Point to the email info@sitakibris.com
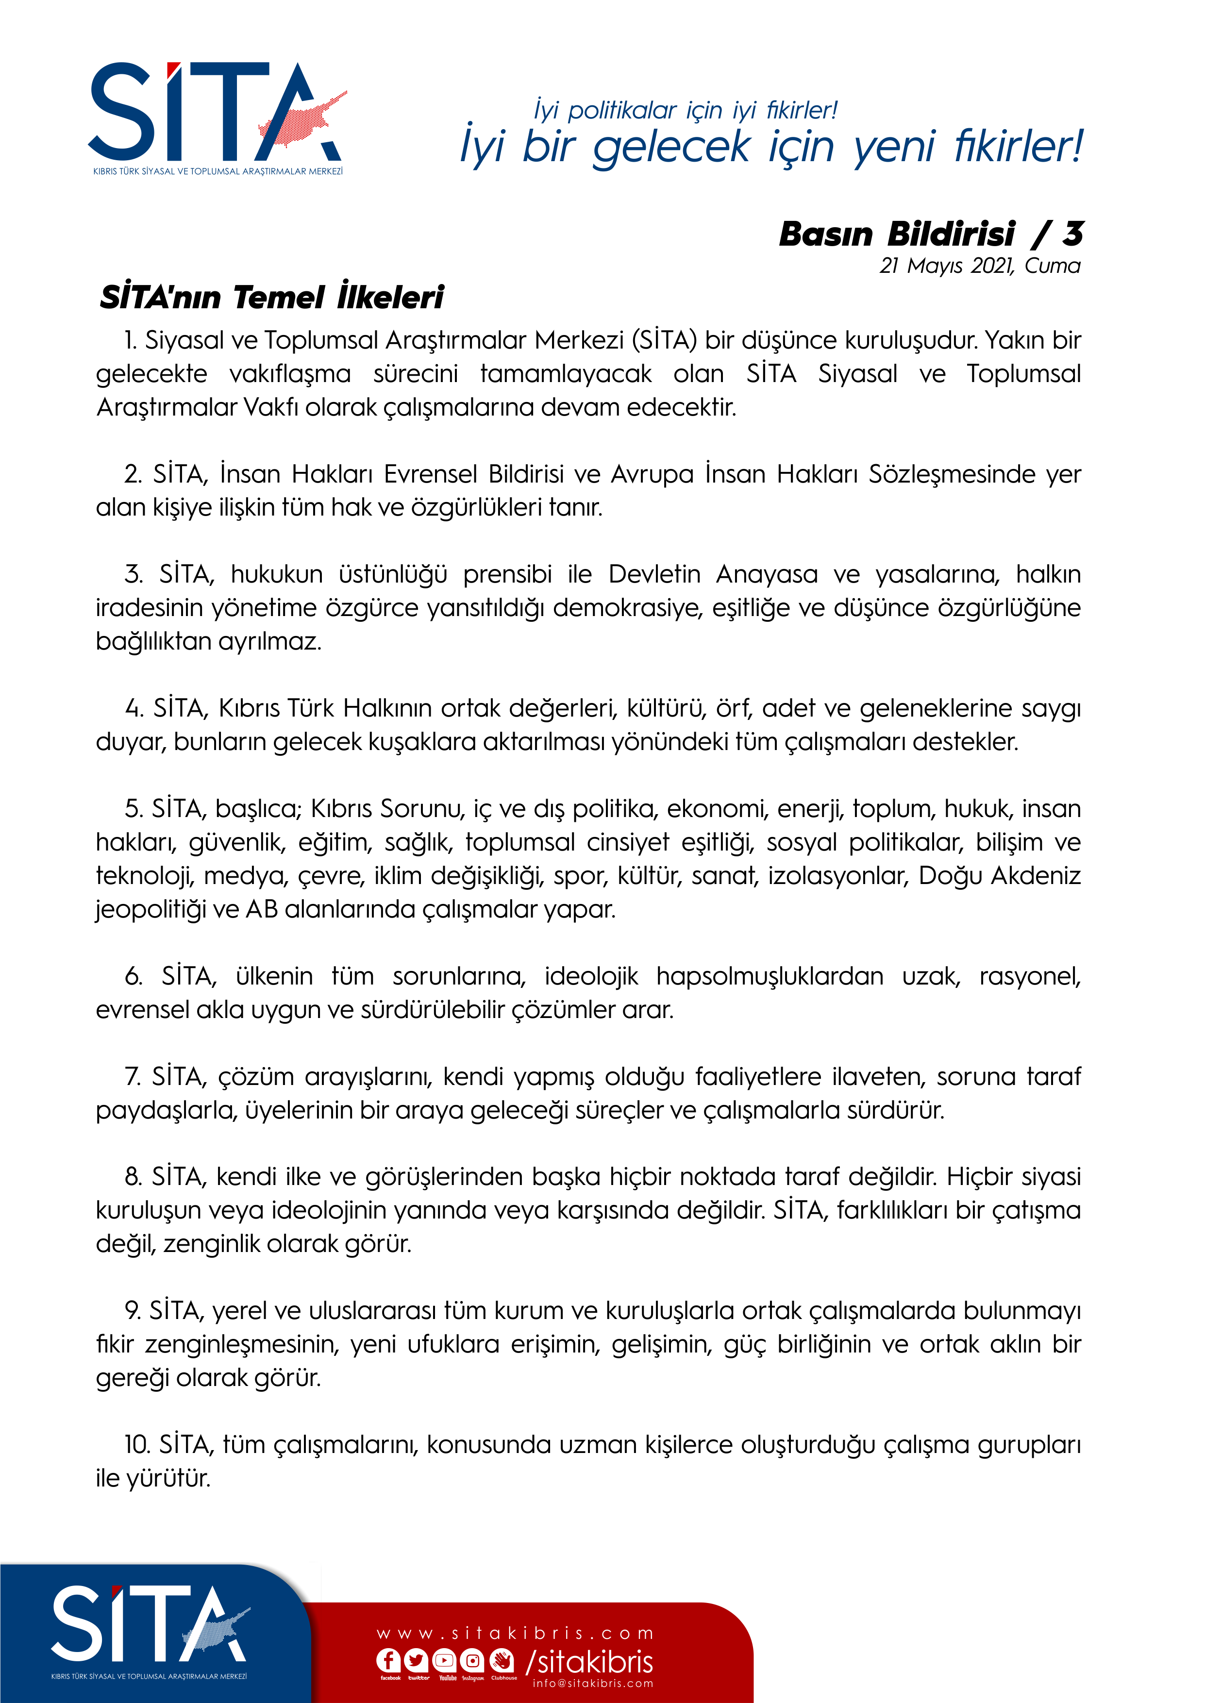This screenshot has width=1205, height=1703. (593, 1683)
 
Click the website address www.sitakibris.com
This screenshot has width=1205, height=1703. (516, 1633)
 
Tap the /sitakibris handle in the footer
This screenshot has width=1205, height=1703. (590, 1661)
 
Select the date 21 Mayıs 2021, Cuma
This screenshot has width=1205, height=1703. (979, 266)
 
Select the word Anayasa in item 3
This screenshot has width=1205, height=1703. (767, 574)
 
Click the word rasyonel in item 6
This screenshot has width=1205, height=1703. (1029, 976)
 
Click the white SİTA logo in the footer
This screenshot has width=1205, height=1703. (149, 1624)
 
